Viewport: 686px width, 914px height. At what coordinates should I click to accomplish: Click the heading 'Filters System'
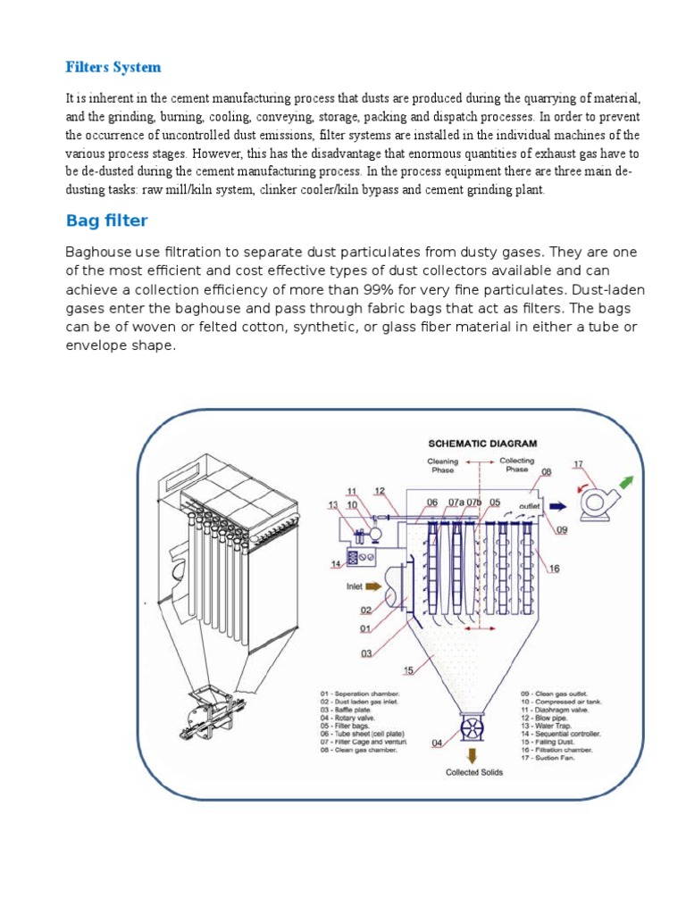pyautogui.click(x=113, y=67)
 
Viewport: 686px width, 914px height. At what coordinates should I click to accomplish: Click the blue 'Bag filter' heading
pyautogui.click(x=107, y=220)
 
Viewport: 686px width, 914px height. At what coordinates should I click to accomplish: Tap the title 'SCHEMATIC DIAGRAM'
pyautogui.click(x=483, y=443)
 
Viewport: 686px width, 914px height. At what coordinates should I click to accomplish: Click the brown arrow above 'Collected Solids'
pyautogui.click(x=469, y=757)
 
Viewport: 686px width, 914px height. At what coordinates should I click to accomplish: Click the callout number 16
pyautogui.click(x=555, y=569)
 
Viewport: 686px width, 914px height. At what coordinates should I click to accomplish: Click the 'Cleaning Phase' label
pyautogui.click(x=443, y=466)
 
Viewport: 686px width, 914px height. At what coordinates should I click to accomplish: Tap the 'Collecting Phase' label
pyautogui.click(x=516, y=466)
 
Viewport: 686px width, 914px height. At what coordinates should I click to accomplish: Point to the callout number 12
pyautogui.click(x=380, y=491)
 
